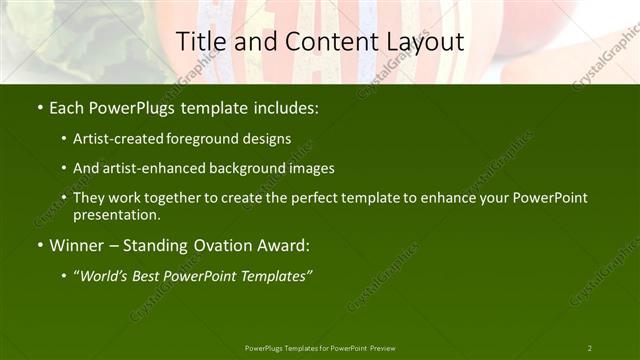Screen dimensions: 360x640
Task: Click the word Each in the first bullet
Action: (67, 106)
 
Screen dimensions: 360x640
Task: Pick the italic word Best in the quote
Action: (153, 276)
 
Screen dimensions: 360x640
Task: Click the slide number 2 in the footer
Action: (590, 348)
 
